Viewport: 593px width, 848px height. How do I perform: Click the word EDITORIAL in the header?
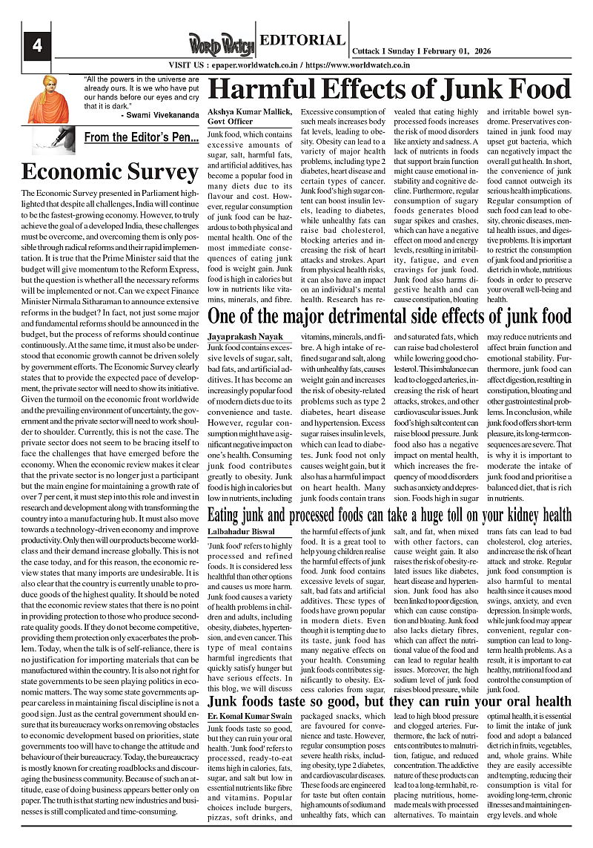pyautogui.click(x=302, y=41)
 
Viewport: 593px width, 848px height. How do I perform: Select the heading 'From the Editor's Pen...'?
pyautogui.click(x=141, y=137)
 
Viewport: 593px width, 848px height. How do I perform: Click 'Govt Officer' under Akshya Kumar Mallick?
pyautogui.click(x=231, y=121)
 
